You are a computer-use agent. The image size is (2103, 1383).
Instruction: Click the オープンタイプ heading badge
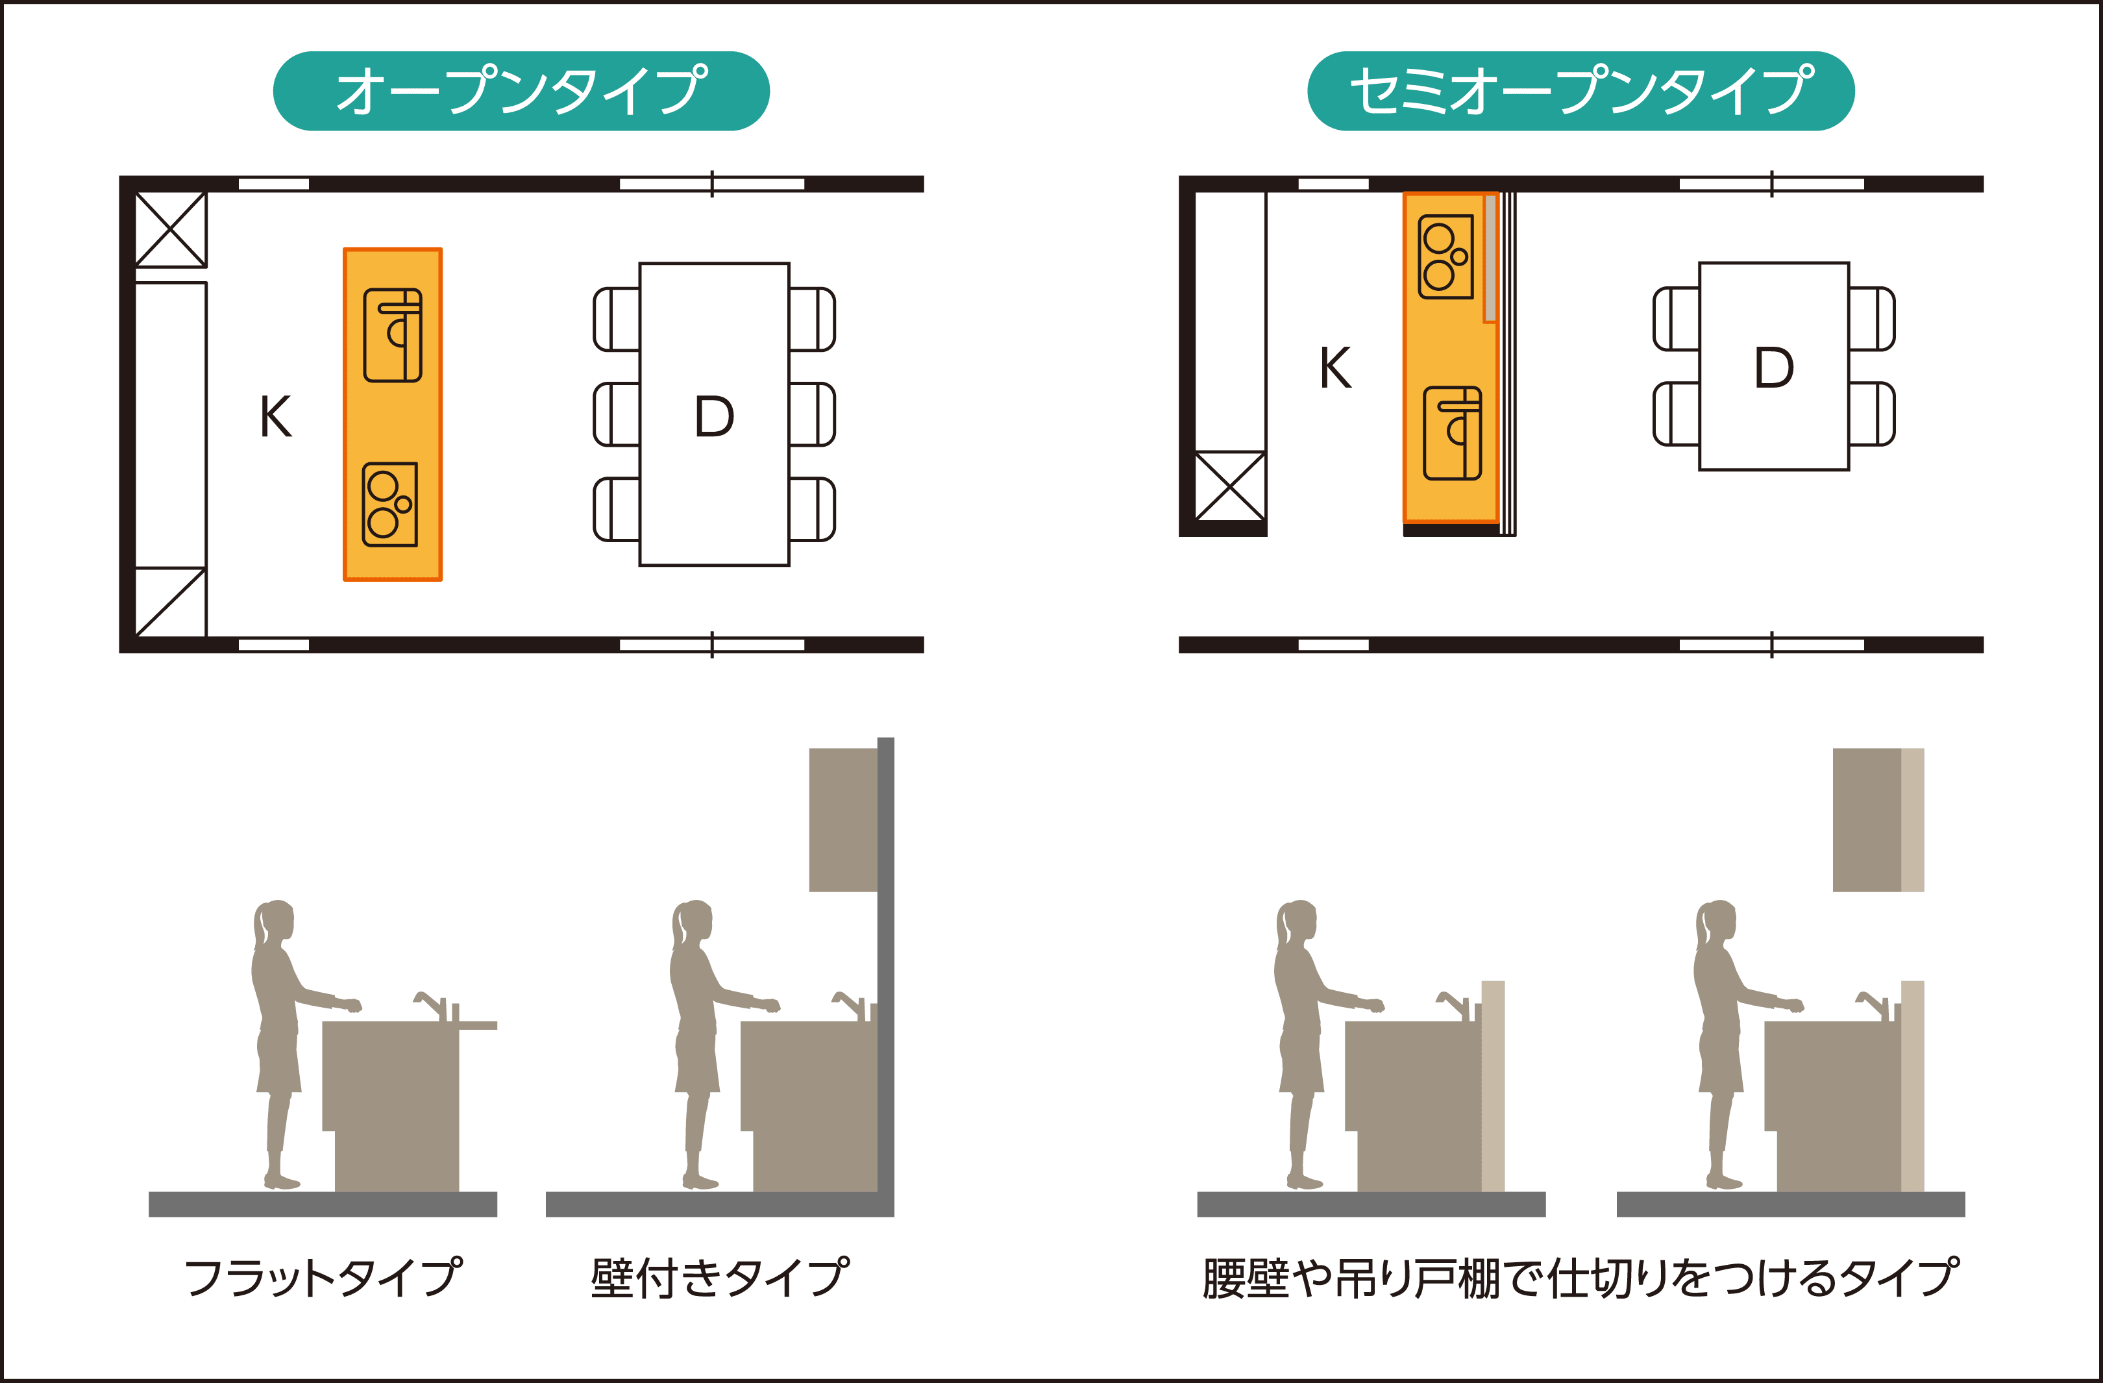tap(521, 91)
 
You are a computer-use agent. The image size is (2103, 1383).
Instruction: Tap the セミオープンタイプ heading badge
tap(1580, 91)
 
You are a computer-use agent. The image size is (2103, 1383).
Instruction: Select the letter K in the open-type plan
tap(276, 416)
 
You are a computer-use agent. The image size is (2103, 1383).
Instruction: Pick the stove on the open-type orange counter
tap(389, 504)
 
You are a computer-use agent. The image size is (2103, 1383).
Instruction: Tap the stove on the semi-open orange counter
tap(1445, 256)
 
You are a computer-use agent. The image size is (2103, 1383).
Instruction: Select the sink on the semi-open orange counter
tap(1452, 433)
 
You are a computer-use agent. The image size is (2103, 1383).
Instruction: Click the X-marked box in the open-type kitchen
tap(171, 229)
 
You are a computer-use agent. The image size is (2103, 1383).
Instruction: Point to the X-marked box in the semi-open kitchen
tap(1229, 486)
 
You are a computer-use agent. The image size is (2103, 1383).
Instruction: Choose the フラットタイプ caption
tap(323, 1278)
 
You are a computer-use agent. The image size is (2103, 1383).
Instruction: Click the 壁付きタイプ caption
tap(719, 1278)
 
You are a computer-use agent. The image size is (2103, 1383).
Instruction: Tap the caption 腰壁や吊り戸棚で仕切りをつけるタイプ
tap(1580, 1278)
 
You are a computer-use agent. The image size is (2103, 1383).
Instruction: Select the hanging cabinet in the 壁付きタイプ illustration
tap(843, 819)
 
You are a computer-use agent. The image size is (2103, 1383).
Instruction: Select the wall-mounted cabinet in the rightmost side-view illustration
tap(1878, 819)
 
